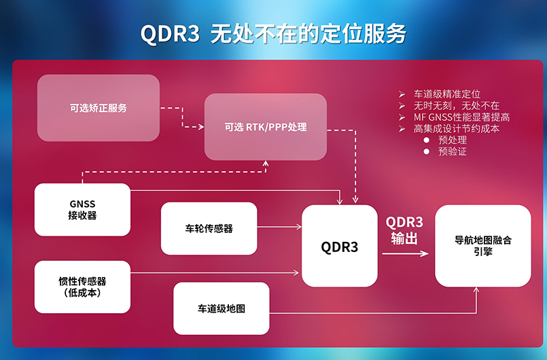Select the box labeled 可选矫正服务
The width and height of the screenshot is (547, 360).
pos(98,108)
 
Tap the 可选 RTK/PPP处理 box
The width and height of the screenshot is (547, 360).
pos(266,127)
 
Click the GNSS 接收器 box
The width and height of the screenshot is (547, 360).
pos(82,210)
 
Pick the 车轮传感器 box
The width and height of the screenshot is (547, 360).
pos(209,228)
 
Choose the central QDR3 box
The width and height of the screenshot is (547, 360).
pos(339,246)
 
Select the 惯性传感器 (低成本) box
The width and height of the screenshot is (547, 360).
pos(82,287)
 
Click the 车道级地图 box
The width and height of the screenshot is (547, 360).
pos(222,308)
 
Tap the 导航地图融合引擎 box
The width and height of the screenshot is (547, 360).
pos(482,245)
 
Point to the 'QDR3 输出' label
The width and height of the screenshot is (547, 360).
pos(404,230)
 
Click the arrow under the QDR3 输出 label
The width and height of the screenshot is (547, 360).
pos(405,254)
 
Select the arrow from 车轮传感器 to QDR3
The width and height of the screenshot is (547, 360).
pos(279,228)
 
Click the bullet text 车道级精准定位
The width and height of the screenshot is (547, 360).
pos(446,94)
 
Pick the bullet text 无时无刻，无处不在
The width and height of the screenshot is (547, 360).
pos(456,105)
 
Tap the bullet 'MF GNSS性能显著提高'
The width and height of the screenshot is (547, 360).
pos(461,117)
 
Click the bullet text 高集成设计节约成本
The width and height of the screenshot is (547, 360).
pos(456,128)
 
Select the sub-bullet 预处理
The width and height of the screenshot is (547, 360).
pos(452,140)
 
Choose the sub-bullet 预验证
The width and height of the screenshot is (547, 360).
pos(452,151)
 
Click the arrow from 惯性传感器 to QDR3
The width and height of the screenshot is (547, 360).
pos(214,273)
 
